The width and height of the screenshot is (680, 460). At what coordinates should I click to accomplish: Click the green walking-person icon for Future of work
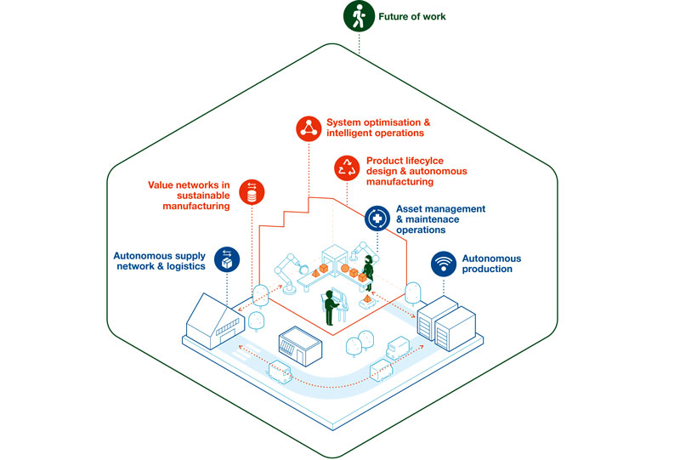[x=357, y=16]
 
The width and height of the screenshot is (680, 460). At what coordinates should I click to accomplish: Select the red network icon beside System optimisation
[x=308, y=128]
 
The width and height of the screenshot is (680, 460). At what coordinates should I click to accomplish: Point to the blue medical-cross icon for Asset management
[x=377, y=219]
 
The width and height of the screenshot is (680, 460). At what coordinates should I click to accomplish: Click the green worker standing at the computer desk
[x=329, y=308]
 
